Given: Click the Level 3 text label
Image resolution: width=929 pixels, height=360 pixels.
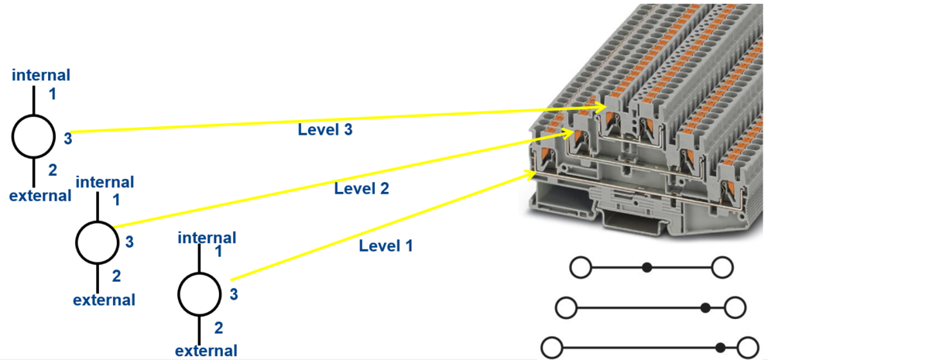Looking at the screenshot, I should click(325, 130).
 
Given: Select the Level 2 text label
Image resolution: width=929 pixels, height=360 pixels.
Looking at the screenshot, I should click(362, 188).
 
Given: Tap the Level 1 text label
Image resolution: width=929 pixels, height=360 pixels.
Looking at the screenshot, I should click(386, 246).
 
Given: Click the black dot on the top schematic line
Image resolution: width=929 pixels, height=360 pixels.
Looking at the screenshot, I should click(647, 268).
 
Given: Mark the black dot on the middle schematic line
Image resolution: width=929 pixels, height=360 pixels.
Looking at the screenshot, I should click(705, 308).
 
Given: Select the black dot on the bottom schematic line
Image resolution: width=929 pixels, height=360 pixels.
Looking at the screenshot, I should click(721, 348).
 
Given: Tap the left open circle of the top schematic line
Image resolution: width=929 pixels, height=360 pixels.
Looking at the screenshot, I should click(581, 268).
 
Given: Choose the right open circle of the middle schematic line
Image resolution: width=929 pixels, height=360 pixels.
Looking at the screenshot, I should click(735, 308).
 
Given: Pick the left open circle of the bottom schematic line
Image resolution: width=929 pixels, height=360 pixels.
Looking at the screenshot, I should click(551, 348).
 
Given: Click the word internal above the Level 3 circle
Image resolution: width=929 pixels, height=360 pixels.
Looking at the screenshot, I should click(41, 75).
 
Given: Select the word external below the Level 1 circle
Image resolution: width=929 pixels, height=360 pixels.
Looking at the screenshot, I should click(206, 351).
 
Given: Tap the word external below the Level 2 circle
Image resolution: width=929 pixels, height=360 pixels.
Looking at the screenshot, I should click(105, 300).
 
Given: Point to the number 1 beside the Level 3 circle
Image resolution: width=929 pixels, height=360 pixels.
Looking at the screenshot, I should click(53, 94).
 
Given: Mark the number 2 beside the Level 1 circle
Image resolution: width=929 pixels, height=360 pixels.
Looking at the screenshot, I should click(218, 328).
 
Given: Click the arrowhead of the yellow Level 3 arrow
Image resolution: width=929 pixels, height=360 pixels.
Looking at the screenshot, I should click(600, 104).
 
